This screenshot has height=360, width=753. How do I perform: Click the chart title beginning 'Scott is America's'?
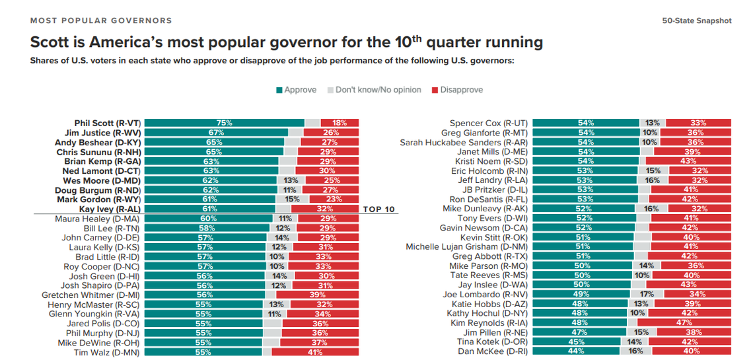tap(287, 43)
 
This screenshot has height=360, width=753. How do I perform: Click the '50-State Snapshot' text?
tap(697, 20)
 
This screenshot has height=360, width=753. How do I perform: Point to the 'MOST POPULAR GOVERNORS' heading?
tap(101, 20)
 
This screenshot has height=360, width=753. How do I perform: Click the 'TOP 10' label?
tap(379, 209)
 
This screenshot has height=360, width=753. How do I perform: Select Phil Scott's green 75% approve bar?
tap(224, 123)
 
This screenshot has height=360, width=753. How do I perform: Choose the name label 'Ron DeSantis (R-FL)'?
tap(487, 199)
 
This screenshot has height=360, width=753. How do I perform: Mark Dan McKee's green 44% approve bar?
tap(575, 351)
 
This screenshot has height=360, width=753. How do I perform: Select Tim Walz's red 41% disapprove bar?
tap(315, 352)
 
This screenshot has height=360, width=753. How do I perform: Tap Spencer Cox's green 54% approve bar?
tap(585, 123)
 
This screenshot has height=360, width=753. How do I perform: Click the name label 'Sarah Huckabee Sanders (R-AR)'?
tap(463, 142)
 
